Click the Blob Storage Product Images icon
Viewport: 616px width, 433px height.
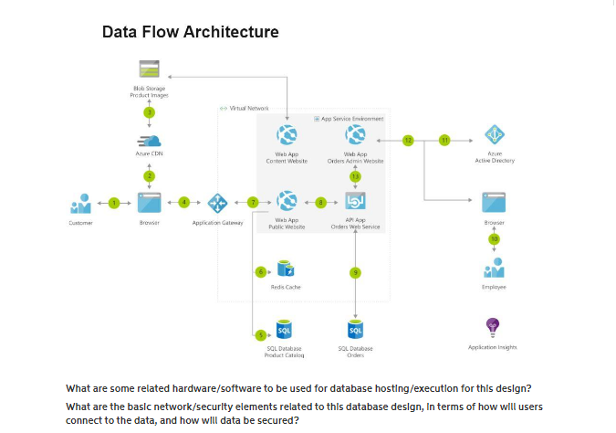point(149,69)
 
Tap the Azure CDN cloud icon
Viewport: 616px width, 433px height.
point(149,141)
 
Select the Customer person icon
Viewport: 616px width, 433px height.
point(80,202)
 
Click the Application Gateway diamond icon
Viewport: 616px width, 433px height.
point(217,202)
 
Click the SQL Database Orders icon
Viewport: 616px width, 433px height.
point(356,329)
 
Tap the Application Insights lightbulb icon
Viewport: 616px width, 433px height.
point(494,326)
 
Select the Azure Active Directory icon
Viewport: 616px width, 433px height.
point(495,135)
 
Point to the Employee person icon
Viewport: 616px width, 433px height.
point(494,268)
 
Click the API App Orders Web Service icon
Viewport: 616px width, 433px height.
point(356,201)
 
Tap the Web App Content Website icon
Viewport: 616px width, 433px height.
point(288,135)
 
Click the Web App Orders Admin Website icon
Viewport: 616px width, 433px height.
point(356,135)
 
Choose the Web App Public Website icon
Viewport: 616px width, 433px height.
point(288,201)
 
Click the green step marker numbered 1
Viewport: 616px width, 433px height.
point(114,202)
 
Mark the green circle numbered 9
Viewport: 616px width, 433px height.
point(356,271)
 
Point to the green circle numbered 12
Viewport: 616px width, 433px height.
point(408,140)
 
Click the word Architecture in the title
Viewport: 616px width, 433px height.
point(232,33)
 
